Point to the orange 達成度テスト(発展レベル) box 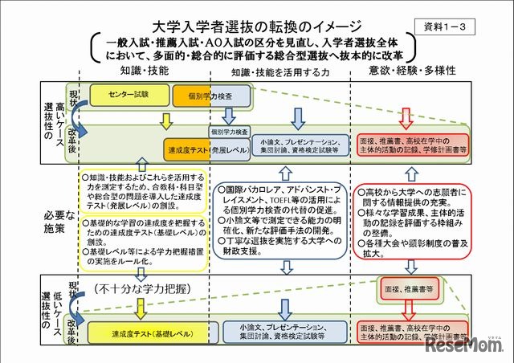point(206,149)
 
